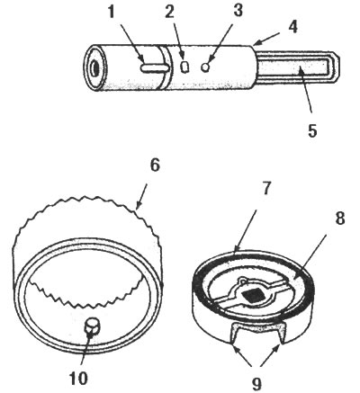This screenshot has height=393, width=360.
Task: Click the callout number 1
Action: tap(112, 12)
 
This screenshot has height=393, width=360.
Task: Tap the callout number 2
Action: tap(169, 12)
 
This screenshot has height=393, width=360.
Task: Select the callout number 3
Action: tap(238, 11)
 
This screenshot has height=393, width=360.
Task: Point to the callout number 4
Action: tap(292, 27)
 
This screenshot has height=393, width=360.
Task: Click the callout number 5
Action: tap(312, 130)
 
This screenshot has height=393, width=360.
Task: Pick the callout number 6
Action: tap(155, 165)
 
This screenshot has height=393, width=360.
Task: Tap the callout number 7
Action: tap(265, 188)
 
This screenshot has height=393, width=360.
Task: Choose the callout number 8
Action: tap(339, 219)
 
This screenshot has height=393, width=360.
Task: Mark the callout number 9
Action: tap(256, 383)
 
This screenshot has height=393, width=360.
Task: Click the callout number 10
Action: tap(78, 379)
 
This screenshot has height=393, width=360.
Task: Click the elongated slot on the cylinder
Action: tap(155, 68)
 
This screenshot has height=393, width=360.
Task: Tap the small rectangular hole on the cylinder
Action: tap(185, 67)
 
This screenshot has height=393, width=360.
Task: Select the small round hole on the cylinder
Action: tap(205, 67)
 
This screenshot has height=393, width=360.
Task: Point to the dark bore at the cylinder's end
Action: tap(96, 68)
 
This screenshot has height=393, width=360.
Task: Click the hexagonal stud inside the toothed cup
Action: tap(91, 327)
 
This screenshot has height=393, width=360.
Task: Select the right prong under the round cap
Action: tap(281, 333)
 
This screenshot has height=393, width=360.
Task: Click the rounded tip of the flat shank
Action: tap(339, 67)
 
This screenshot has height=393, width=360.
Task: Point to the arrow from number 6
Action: tap(142, 196)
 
